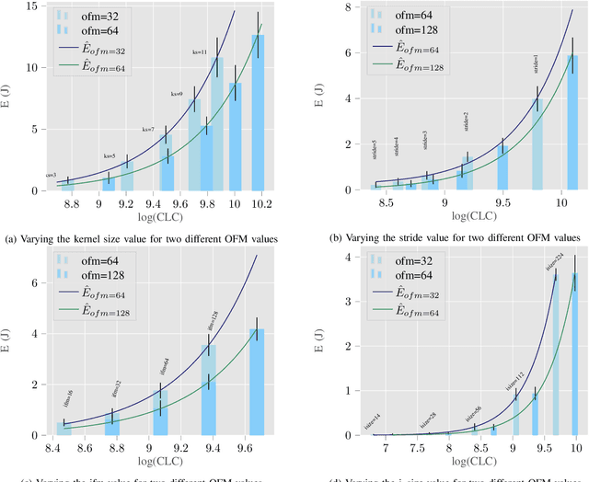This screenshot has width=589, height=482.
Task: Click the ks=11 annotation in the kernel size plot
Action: pyautogui.click(x=199, y=52)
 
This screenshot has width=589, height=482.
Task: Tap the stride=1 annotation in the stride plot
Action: pyautogui.click(x=537, y=64)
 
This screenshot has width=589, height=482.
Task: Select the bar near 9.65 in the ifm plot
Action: pyautogui.click(x=257, y=382)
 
